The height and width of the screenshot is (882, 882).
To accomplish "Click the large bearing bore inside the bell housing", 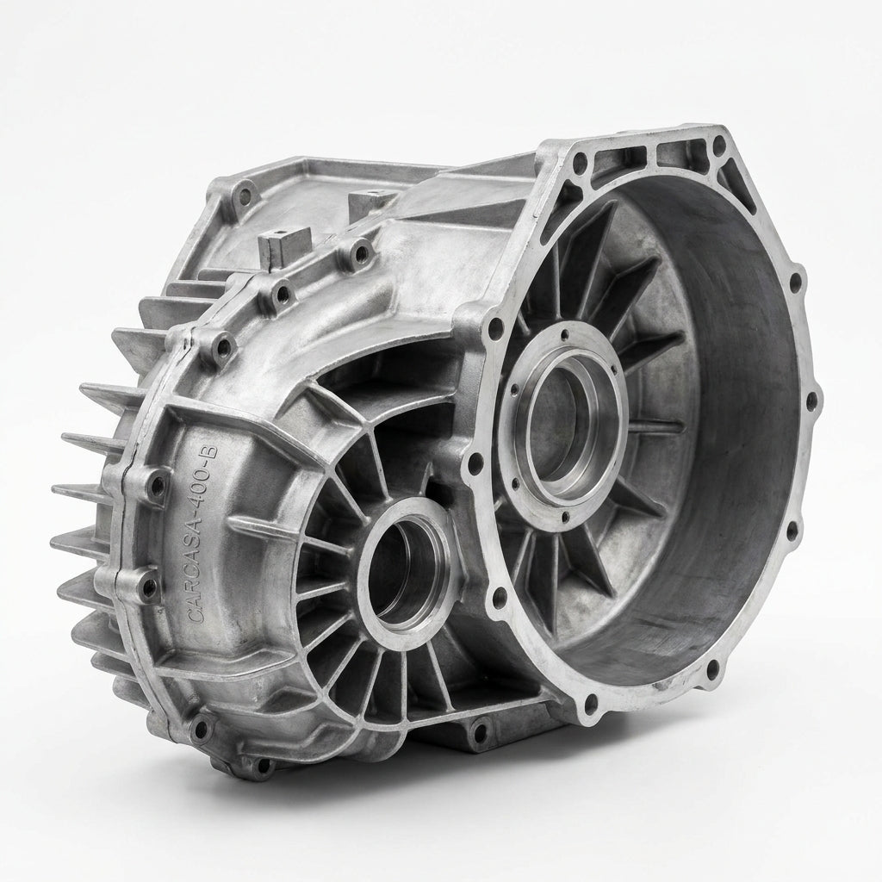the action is (567, 424).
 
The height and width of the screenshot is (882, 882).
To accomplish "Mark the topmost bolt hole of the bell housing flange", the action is (719, 148).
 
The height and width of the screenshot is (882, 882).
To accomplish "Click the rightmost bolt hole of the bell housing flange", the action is (811, 401).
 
